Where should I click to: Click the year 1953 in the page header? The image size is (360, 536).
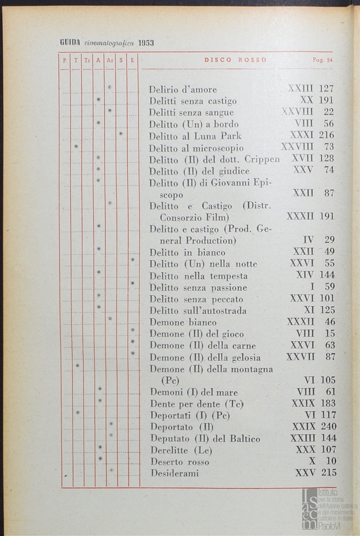[x=146, y=43]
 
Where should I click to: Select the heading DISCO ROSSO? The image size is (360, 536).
[x=235, y=60]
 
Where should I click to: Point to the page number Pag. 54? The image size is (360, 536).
[x=322, y=60]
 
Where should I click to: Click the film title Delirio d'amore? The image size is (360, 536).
[x=183, y=90]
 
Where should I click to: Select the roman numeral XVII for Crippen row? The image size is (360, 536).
[x=302, y=159]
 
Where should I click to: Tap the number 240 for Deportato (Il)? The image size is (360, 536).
[x=328, y=427]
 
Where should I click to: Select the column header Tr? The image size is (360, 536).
[x=87, y=60]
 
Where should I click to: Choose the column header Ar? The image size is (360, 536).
[x=110, y=60]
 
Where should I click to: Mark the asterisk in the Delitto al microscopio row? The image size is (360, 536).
[x=76, y=146]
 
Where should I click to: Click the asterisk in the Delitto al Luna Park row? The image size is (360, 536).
[x=121, y=134]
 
